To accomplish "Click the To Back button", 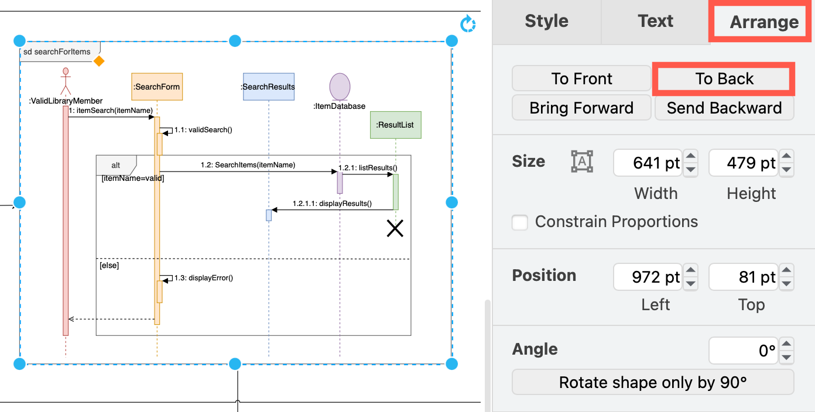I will tap(724, 79).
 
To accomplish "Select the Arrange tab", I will tap(763, 22).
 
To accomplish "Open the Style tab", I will tap(546, 21).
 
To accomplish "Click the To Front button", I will tap(581, 79).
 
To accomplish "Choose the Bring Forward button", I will tap(581, 108).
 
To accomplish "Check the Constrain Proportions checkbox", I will tap(520, 222).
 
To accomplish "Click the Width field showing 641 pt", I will tap(647, 163).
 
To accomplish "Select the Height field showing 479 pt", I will tap(743, 163).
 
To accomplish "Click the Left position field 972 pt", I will tap(647, 277).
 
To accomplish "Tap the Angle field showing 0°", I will tap(743, 351).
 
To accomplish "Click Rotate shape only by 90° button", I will tap(652, 383).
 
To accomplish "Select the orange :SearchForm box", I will tap(157, 87).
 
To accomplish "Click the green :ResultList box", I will tap(395, 125).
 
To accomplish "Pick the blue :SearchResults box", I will tap(268, 87).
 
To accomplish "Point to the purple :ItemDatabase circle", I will tap(340, 87).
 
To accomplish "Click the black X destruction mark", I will tap(395, 228).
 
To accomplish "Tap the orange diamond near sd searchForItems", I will tap(99, 61).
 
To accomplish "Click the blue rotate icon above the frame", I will tap(467, 25).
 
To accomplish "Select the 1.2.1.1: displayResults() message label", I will tap(331, 204).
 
